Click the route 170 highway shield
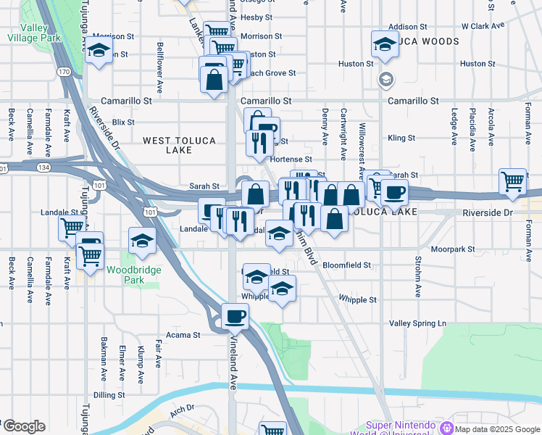tap(64, 72)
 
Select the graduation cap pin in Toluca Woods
tap(385, 43)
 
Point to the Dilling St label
tap(109, 395)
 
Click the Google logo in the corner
tap(23, 427)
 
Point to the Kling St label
tap(401, 137)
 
